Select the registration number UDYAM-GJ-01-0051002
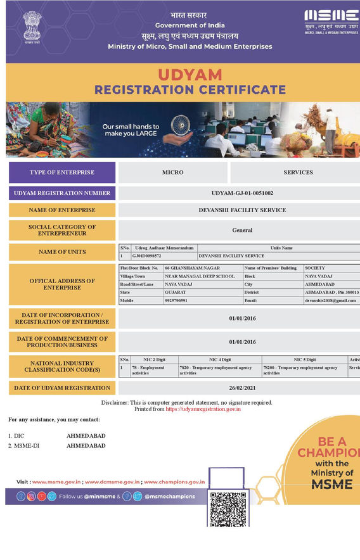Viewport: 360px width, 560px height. [242, 193]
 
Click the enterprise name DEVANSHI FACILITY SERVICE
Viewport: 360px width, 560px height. [242, 210]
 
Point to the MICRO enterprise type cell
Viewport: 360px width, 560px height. [173, 172]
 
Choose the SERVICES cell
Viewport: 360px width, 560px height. [298, 172]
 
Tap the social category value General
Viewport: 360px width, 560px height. [242, 230]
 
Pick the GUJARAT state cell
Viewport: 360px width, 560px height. [176, 292]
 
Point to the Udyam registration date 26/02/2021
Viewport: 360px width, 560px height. [242, 388]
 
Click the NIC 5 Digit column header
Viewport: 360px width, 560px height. [304, 360]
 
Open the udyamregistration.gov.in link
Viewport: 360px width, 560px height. [203, 409]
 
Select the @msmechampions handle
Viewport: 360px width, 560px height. [169, 497]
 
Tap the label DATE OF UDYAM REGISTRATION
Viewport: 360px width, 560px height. [62, 388]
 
